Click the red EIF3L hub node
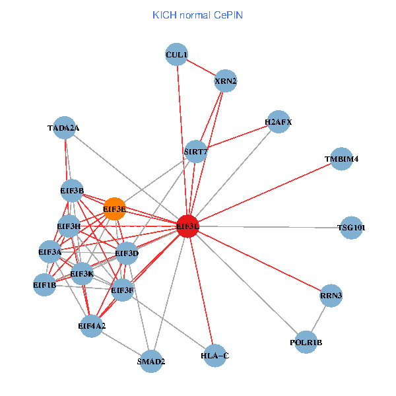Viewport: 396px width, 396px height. point(188,226)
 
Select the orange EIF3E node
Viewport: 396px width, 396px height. point(115,209)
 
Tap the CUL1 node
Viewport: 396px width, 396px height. point(177,55)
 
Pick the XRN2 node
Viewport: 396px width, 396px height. point(226,82)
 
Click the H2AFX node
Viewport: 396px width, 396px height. point(278,122)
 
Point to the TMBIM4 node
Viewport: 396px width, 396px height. point(341,159)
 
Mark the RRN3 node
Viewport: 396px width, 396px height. point(331,296)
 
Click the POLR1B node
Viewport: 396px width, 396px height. point(306,342)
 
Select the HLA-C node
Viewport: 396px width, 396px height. point(214,356)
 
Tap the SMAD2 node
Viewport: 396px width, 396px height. point(151,361)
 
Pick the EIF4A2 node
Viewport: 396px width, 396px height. point(92,325)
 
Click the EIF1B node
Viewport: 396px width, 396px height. point(45,285)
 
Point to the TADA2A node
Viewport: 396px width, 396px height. point(64,128)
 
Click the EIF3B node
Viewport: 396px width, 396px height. point(72,191)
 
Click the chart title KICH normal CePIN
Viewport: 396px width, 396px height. point(197,15)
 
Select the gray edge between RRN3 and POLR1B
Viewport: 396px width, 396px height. point(319,319)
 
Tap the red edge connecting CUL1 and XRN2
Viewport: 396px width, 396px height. point(201,68)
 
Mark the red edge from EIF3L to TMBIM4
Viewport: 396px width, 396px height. point(264,193)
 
